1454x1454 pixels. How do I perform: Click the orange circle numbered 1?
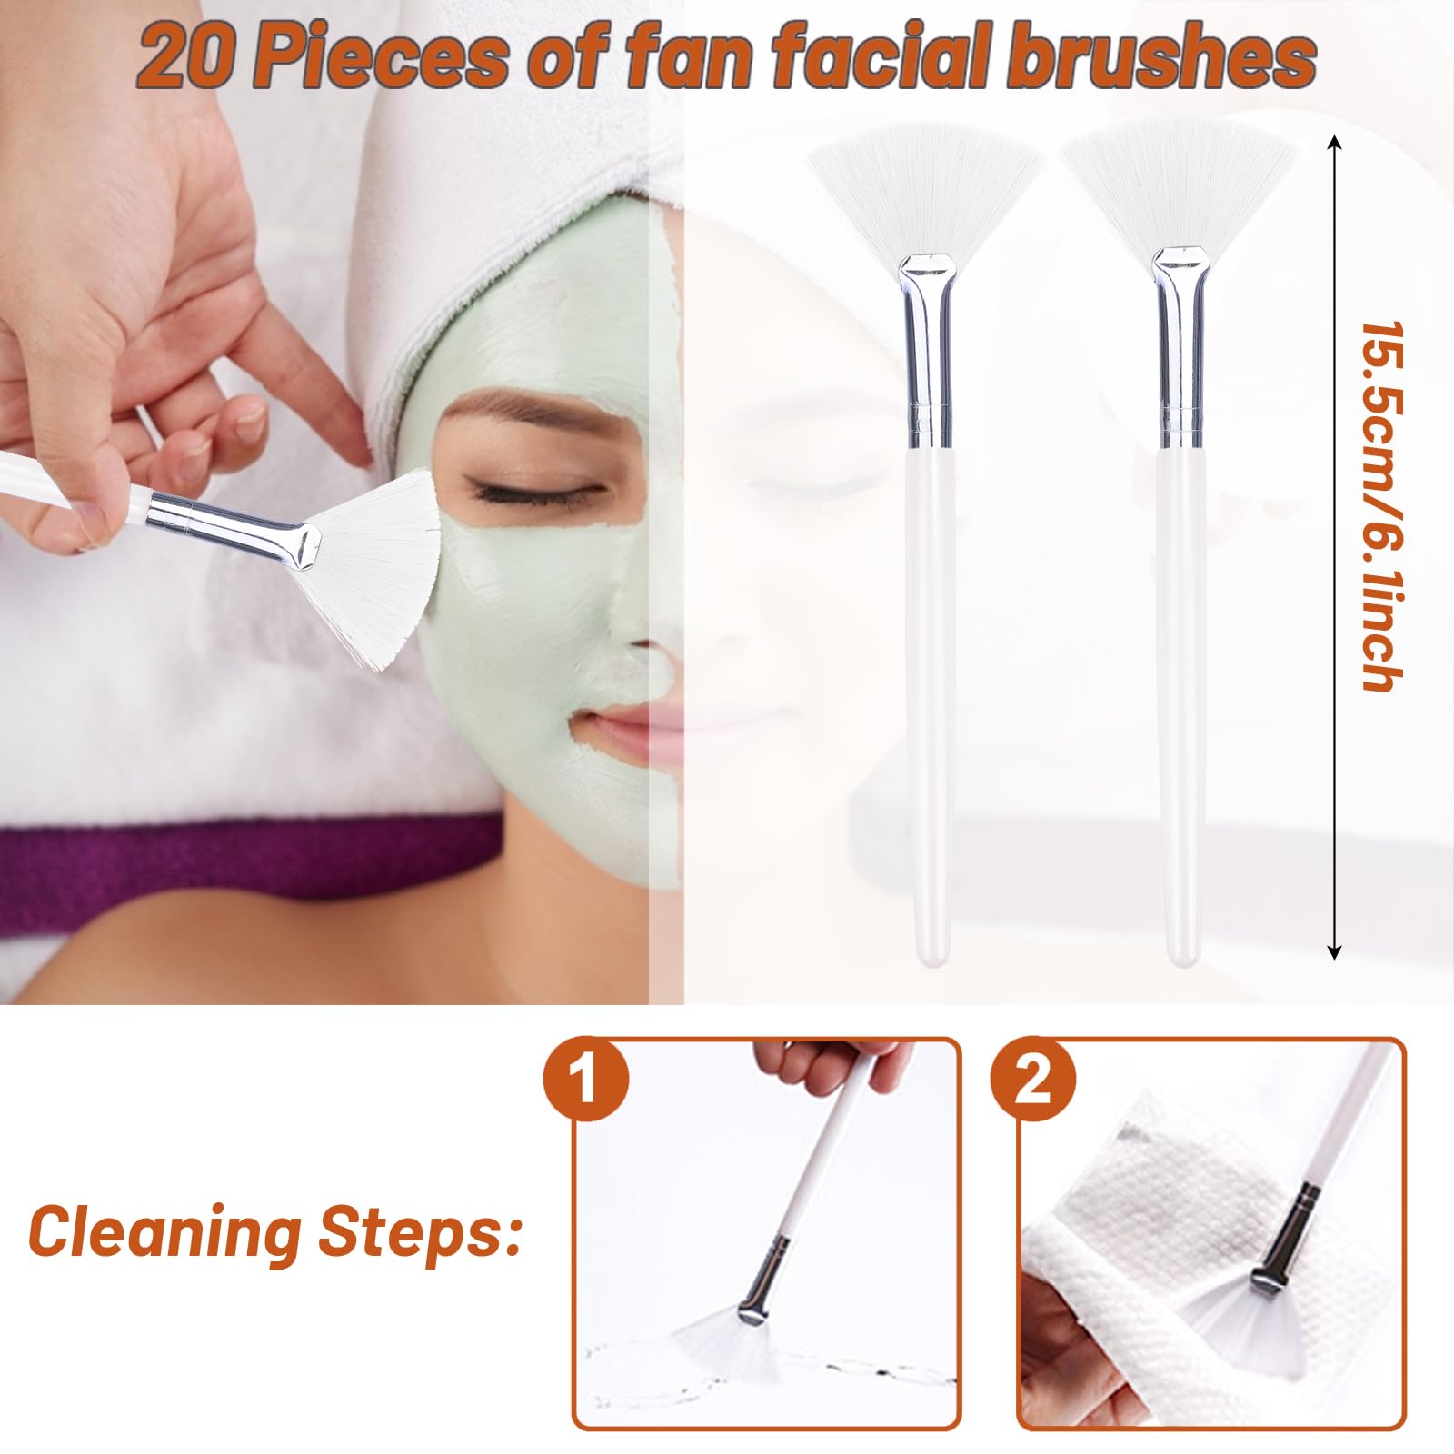(586, 1084)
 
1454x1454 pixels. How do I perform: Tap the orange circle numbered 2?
(1033, 1084)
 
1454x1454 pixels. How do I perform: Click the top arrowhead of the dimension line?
(1333, 143)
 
